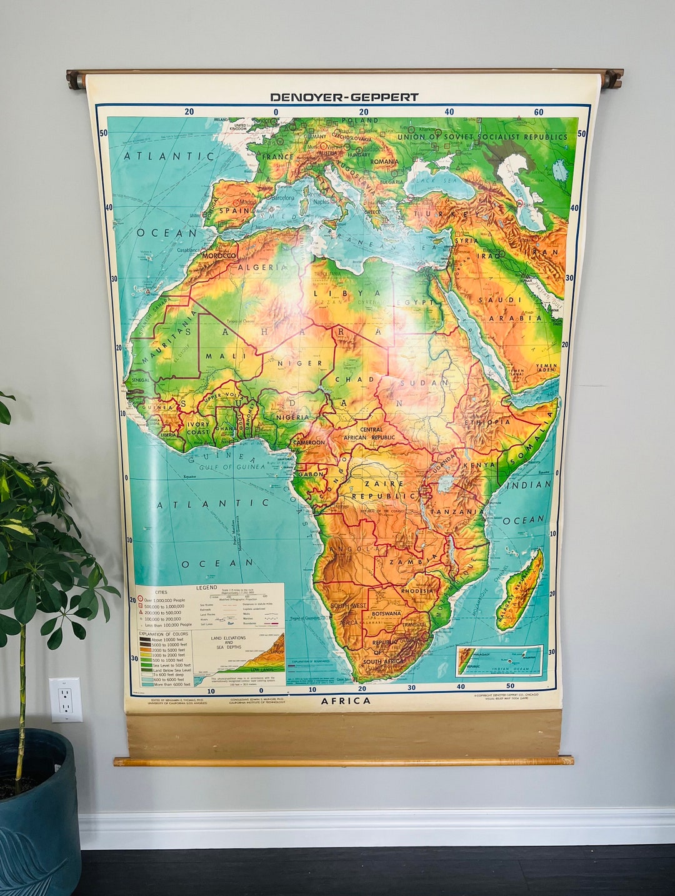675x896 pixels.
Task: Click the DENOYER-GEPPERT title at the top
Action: click(344, 97)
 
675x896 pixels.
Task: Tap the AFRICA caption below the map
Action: click(346, 700)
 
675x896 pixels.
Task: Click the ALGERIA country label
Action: click(262, 267)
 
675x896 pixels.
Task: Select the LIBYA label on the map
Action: click(347, 292)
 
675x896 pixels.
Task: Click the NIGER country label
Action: click(301, 363)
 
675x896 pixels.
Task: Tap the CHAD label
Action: click(354, 379)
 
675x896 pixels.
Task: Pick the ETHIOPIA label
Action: click(487, 422)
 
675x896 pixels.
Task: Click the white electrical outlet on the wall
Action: click(66, 700)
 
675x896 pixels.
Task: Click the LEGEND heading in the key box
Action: click(207, 588)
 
